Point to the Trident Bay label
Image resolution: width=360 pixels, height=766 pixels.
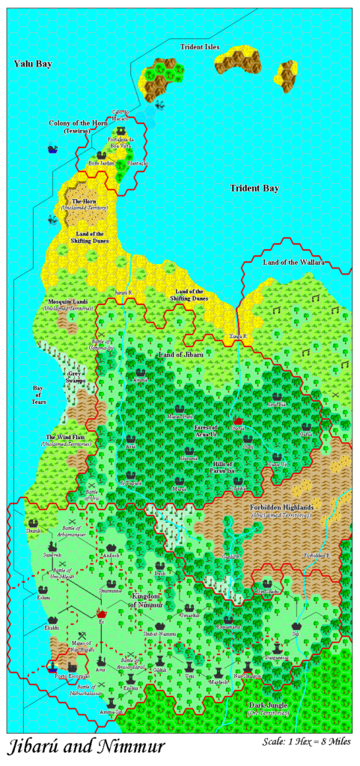254,189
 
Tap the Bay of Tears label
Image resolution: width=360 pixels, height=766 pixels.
40,396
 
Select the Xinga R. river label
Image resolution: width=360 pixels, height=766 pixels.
237,335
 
